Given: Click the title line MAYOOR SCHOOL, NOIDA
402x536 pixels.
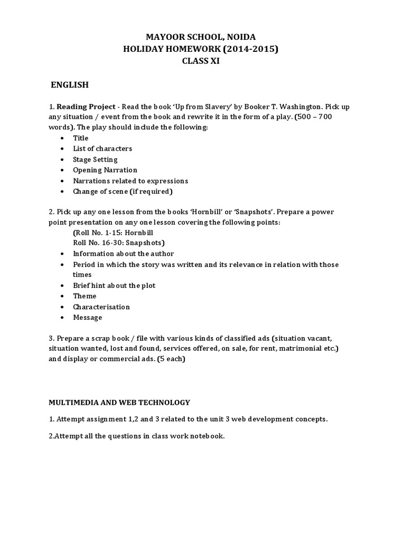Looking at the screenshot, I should (200, 37).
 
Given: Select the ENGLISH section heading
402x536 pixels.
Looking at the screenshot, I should (70, 85).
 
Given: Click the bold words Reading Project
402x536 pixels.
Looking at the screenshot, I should (86, 106).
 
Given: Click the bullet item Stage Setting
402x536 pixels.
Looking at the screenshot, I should (95, 159).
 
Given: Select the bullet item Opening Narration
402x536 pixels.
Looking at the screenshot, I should (105, 170).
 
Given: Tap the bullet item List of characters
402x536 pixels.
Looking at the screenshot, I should (102, 149).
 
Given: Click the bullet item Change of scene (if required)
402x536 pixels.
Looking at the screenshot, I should (122, 192).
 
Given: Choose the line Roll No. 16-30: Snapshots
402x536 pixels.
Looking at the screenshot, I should (119, 243).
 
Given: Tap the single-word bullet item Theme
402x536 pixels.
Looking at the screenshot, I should (84, 296).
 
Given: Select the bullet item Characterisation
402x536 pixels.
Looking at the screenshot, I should (101, 307).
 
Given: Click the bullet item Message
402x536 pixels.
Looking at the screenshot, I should (87, 317).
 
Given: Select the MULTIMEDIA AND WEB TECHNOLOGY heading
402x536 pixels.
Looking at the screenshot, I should (119, 403).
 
